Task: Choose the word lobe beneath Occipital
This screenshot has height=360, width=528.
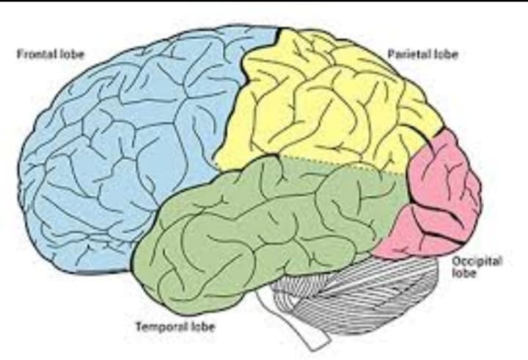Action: click(463, 273)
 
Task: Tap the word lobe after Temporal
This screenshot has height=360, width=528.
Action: click(203, 326)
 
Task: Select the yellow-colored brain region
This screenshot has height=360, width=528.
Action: click(323, 110)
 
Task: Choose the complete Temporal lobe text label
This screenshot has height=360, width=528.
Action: click(180, 326)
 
